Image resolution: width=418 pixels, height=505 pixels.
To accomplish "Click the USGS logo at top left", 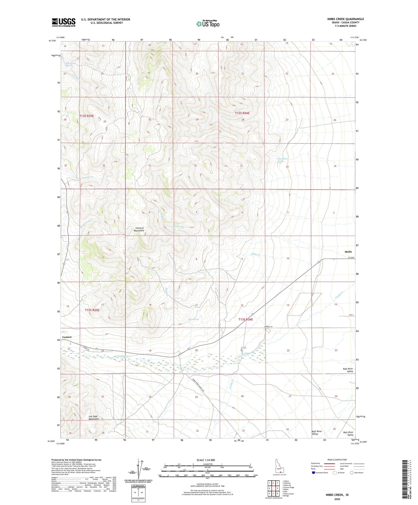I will pos(64,22).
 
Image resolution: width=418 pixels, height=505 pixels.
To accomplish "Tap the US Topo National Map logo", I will pos(208,24).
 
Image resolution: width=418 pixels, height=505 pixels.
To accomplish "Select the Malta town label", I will pos(348,252).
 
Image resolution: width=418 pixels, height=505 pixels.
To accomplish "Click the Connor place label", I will pos(67,337).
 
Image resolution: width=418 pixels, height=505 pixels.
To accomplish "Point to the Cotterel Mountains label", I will pos(139,229).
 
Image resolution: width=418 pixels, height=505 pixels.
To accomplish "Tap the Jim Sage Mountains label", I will pos(94,418).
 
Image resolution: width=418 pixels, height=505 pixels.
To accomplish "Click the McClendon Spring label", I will pos(282,160).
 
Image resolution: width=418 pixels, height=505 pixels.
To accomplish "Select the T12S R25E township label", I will pos(87,115).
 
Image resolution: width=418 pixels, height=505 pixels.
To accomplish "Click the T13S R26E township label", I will pos(246,319).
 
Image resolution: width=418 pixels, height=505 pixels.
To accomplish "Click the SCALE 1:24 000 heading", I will pos(208,460).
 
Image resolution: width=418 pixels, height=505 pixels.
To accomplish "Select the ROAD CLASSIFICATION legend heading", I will pos(337,460).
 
